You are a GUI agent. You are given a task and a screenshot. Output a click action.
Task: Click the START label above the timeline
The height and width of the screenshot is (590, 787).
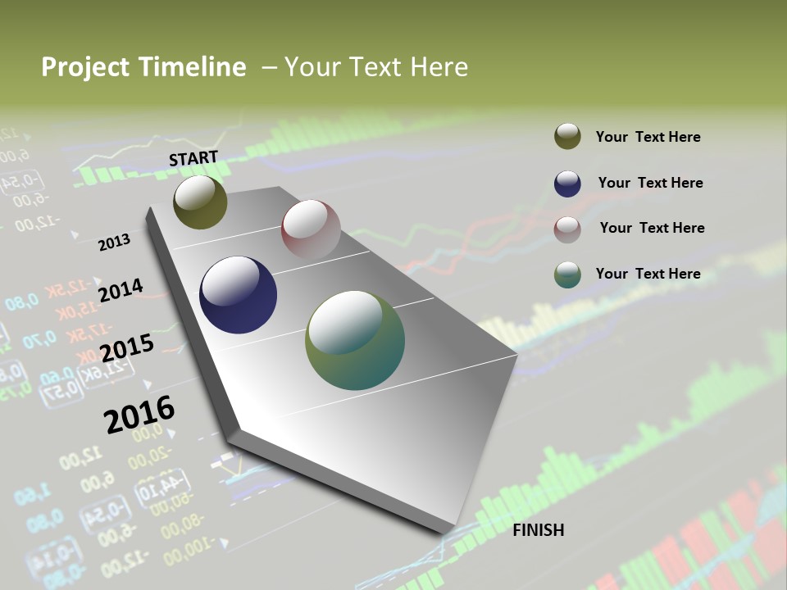(x=193, y=158)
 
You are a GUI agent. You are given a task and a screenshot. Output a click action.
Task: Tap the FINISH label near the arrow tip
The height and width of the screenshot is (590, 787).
(x=538, y=530)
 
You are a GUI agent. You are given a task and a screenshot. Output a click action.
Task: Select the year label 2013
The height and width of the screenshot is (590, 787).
(x=114, y=243)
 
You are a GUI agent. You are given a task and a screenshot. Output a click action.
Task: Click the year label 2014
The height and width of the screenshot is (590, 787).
(x=121, y=290)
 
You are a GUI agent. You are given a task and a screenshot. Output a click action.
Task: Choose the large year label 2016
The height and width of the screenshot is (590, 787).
(x=139, y=415)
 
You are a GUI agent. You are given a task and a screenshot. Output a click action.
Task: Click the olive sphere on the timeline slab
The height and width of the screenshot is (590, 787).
(x=200, y=202)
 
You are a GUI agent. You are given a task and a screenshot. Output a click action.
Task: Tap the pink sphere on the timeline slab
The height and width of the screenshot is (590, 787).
(x=311, y=229)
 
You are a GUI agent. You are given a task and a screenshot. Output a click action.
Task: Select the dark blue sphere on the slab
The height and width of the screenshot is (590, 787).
(x=238, y=295)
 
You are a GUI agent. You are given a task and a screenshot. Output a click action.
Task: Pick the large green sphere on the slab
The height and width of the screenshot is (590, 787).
(x=355, y=340)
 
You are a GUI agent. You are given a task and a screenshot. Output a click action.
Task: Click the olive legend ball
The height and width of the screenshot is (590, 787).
(x=567, y=137)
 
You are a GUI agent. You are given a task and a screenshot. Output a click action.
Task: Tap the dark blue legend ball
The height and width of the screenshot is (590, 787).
(x=567, y=184)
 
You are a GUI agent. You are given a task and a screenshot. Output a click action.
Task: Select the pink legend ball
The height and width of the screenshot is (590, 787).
(x=567, y=229)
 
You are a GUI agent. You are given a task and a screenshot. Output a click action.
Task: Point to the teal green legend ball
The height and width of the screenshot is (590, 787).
(x=567, y=275)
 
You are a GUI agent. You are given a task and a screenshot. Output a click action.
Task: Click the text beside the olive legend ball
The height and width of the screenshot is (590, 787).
(x=648, y=137)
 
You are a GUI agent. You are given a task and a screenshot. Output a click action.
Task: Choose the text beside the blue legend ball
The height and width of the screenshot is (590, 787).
(x=650, y=183)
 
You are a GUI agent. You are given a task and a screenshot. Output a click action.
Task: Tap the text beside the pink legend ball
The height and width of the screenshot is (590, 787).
(x=652, y=228)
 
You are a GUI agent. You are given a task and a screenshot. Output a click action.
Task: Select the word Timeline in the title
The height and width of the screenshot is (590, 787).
(x=192, y=67)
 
